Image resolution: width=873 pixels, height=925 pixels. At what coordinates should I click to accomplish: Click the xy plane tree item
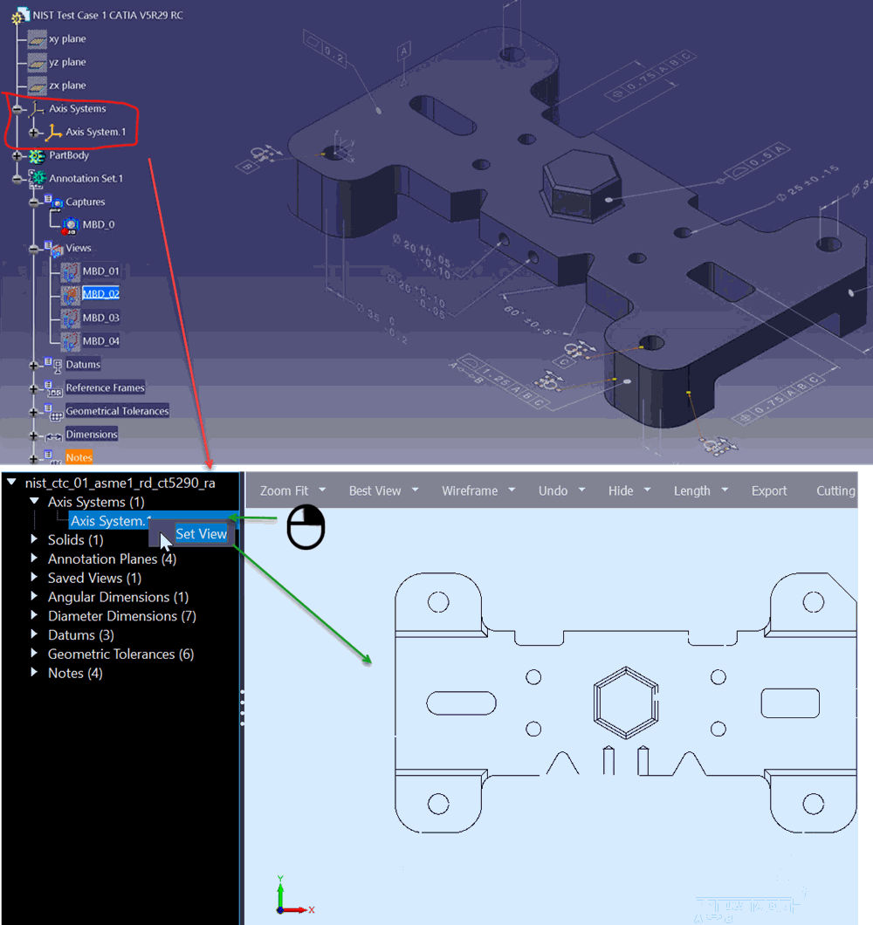click(66, 39)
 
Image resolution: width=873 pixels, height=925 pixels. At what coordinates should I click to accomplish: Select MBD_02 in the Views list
click(100, 294)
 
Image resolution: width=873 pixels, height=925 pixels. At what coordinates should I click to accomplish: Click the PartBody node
click(69, 155)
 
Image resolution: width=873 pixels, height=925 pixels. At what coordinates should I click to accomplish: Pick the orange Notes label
click(79, 457)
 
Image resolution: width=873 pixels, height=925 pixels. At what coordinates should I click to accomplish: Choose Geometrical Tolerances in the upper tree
click(117, 411)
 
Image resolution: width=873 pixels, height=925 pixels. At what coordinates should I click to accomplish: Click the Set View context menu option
click(201, 534)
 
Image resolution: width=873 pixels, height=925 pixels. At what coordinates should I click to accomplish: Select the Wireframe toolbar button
click(469, 491)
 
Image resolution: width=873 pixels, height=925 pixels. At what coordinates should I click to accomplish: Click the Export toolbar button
click(769, 491)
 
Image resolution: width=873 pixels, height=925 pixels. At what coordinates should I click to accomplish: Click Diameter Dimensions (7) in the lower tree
click(121, 616)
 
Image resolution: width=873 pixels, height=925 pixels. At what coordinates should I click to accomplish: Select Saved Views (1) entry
click(94, 578)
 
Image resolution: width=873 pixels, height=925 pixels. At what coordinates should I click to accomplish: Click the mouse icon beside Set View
click(306, 528)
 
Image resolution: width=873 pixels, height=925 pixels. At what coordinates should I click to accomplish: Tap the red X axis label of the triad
click(312, 910)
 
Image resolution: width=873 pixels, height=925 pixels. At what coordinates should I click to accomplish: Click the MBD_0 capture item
click(98, 224)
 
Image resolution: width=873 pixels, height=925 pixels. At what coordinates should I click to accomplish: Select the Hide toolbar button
click(621, 491)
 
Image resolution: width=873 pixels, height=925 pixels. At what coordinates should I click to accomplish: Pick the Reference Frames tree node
click(105, 387)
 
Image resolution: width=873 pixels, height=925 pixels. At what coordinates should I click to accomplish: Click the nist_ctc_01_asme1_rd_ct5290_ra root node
click(120, 483)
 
